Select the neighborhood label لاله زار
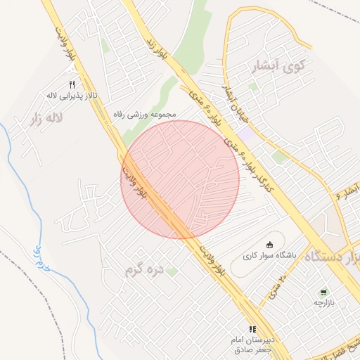[x=46, y=119]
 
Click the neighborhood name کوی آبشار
[x=279, y=67]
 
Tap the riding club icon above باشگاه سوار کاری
[x=269, y=245]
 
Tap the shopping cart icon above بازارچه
[x=323, y=292]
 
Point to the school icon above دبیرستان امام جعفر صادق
[x=252, y=329]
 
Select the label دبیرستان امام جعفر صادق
[x=252, y=345]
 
